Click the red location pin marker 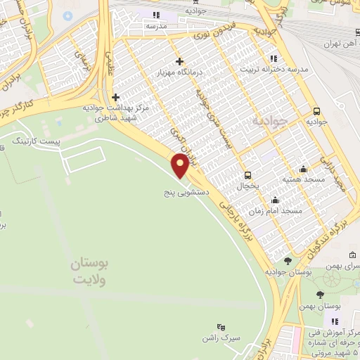(x=181, y=166)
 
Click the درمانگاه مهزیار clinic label (x=181, y=73)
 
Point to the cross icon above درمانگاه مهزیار (x=181, y=61)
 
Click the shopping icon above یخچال (x=247, y=175)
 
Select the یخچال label (x=247, y=186)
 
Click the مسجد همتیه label (x=303, y=180)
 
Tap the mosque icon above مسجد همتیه (x=303, y=169)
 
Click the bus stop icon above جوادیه (x=317, y=111)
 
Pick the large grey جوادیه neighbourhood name (x=270, y=121)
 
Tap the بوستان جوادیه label (x=289, y=271)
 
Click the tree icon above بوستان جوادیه (x=289, y=259)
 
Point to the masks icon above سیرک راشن (x=220, y=327)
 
